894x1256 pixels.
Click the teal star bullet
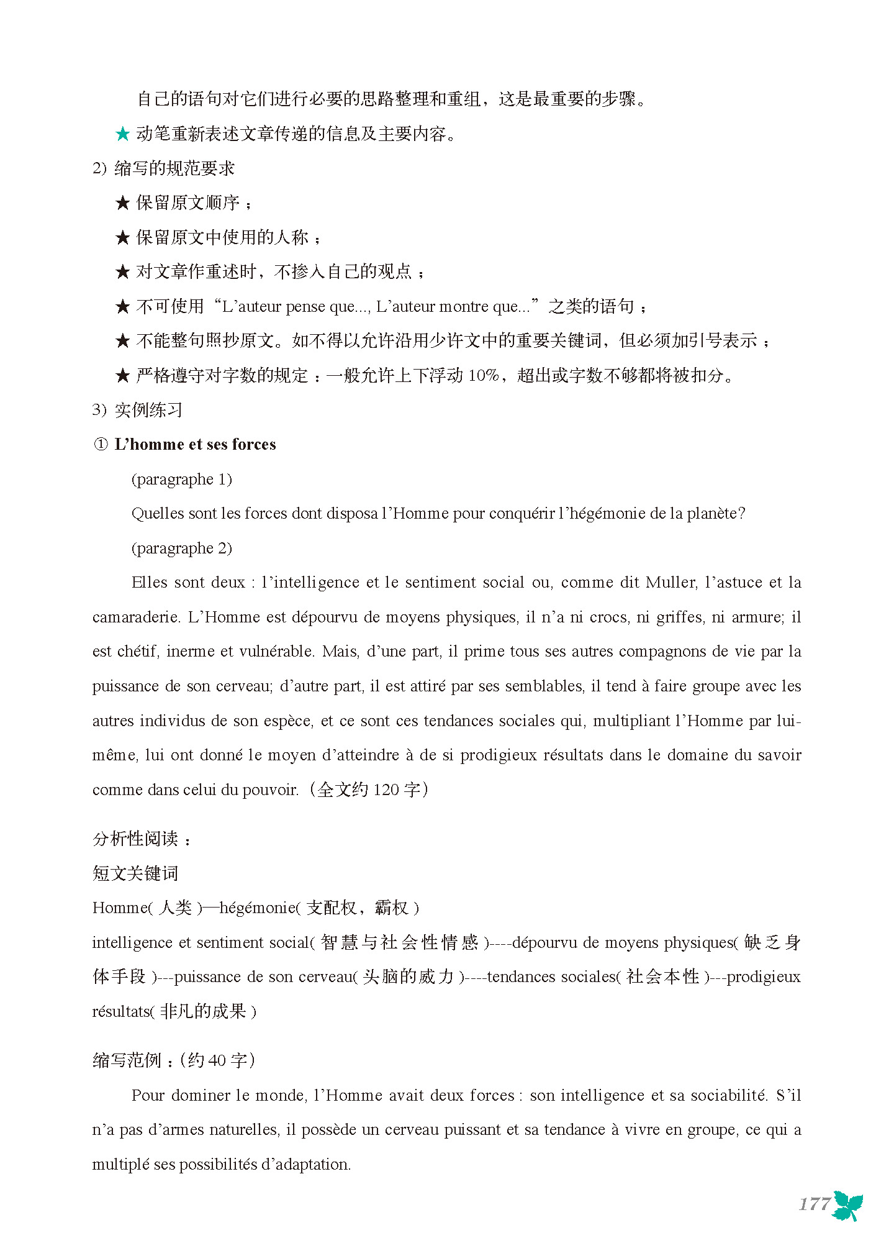123,134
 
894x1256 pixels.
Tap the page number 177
814,1204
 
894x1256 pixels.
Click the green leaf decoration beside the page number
848,1206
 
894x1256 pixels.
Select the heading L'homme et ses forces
195,444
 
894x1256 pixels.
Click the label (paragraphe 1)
181,479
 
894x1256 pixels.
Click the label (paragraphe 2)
181,548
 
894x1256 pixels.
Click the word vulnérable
277,652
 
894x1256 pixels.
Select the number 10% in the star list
484,375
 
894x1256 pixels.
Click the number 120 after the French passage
386,790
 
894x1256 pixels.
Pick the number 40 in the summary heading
217,1060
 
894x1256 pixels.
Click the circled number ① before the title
101,445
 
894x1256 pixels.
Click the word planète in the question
715,514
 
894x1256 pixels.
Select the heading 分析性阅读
135,839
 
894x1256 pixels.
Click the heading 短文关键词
135,873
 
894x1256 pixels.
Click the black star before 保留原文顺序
123,203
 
